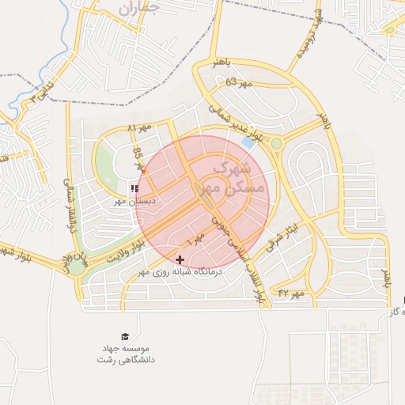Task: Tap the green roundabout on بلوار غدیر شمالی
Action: [x=277, y=143]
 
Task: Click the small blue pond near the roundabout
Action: [x=248, y=144]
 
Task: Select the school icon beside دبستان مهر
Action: [x=134, y=188]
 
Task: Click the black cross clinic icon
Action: [x=180, y=259]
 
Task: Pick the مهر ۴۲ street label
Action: [x=290, y=293]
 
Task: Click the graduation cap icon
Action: [x=123, y=337]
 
